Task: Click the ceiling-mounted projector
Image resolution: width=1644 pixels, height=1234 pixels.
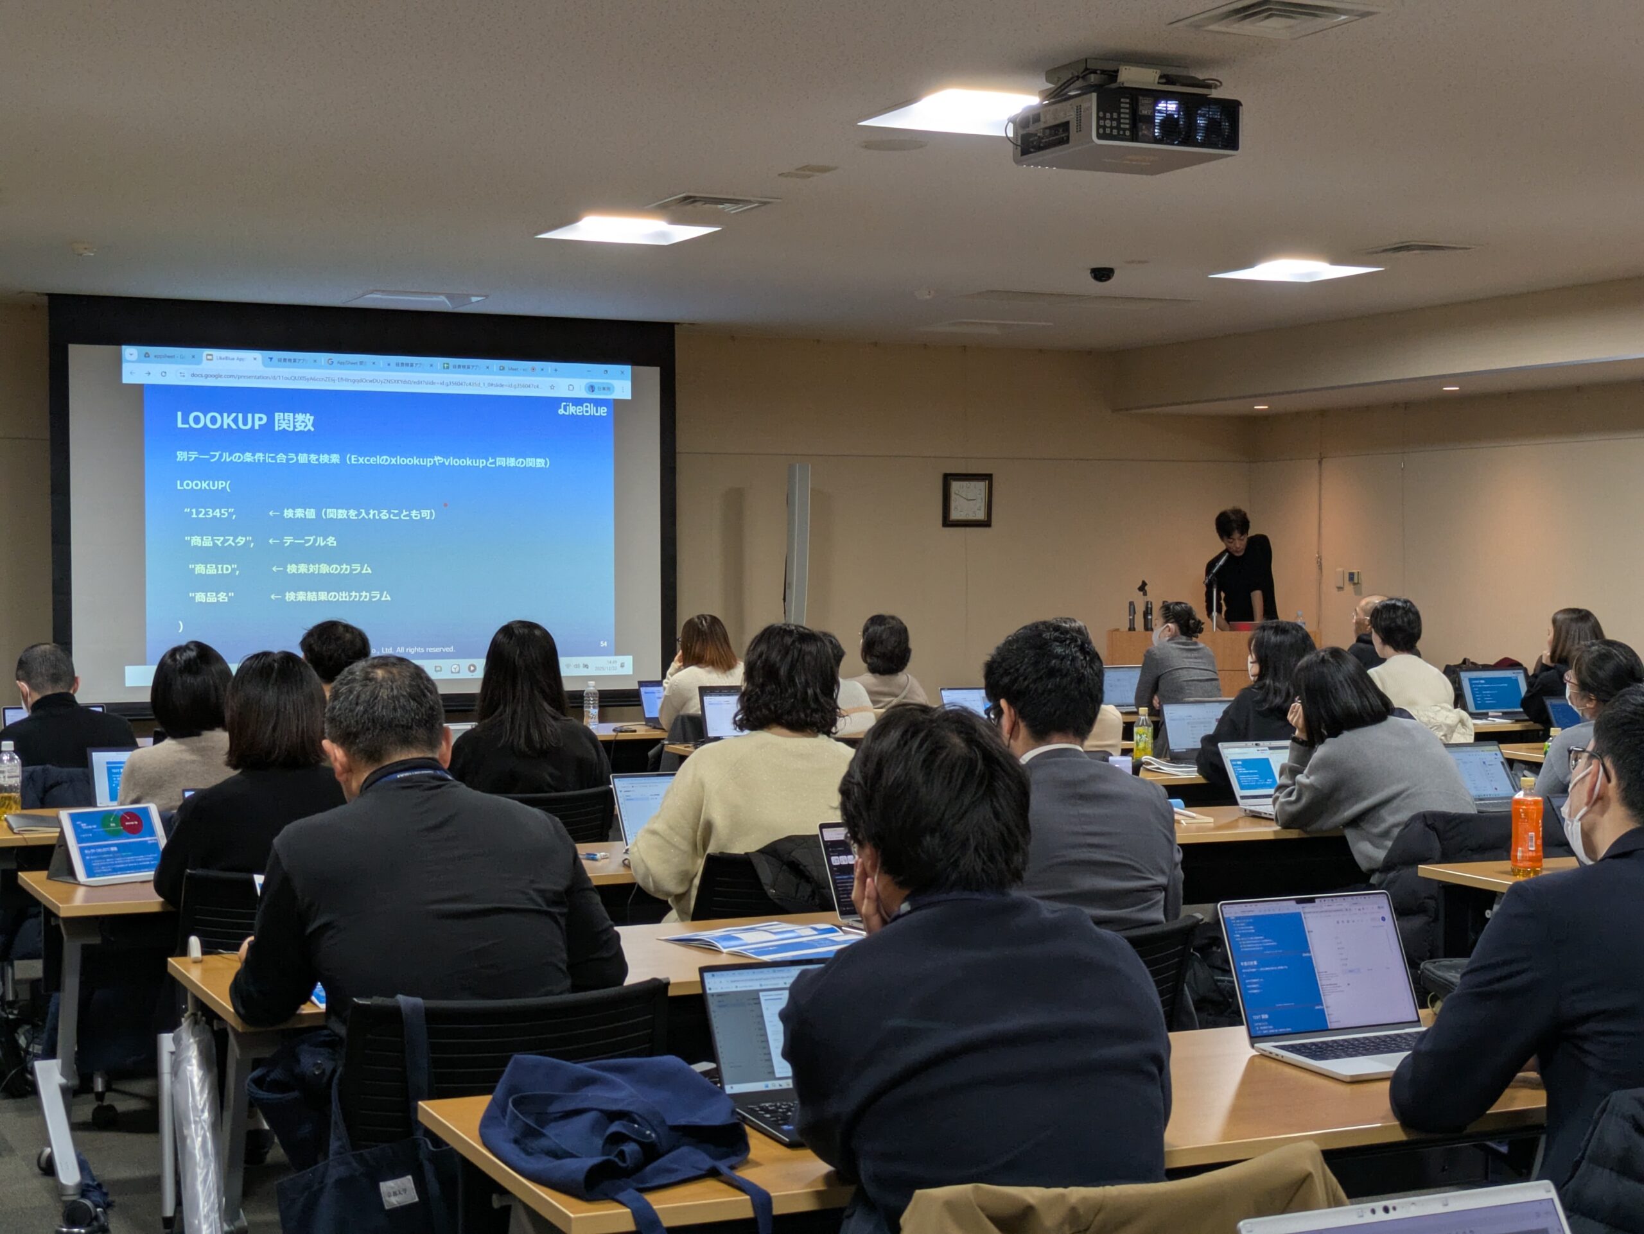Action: (x=1126, y=123)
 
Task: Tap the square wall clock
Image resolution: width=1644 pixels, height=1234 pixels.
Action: (x=967, y=500)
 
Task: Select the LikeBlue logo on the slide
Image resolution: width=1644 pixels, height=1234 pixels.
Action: (x=582, y=410)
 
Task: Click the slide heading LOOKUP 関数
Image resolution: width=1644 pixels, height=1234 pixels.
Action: (x=245, y=421)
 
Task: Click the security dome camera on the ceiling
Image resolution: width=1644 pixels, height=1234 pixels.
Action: (x=1101, y=274)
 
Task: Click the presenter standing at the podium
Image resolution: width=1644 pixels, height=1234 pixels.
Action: (x=1241, y=568)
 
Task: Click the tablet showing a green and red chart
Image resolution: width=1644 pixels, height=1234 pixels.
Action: (x=112, y=842)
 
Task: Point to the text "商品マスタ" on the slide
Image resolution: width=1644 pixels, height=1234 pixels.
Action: (x=218, y=541)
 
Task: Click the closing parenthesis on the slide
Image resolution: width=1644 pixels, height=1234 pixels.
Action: (x=180, y=625)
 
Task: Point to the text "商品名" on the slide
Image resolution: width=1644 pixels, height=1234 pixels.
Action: (x=212, y=596)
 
